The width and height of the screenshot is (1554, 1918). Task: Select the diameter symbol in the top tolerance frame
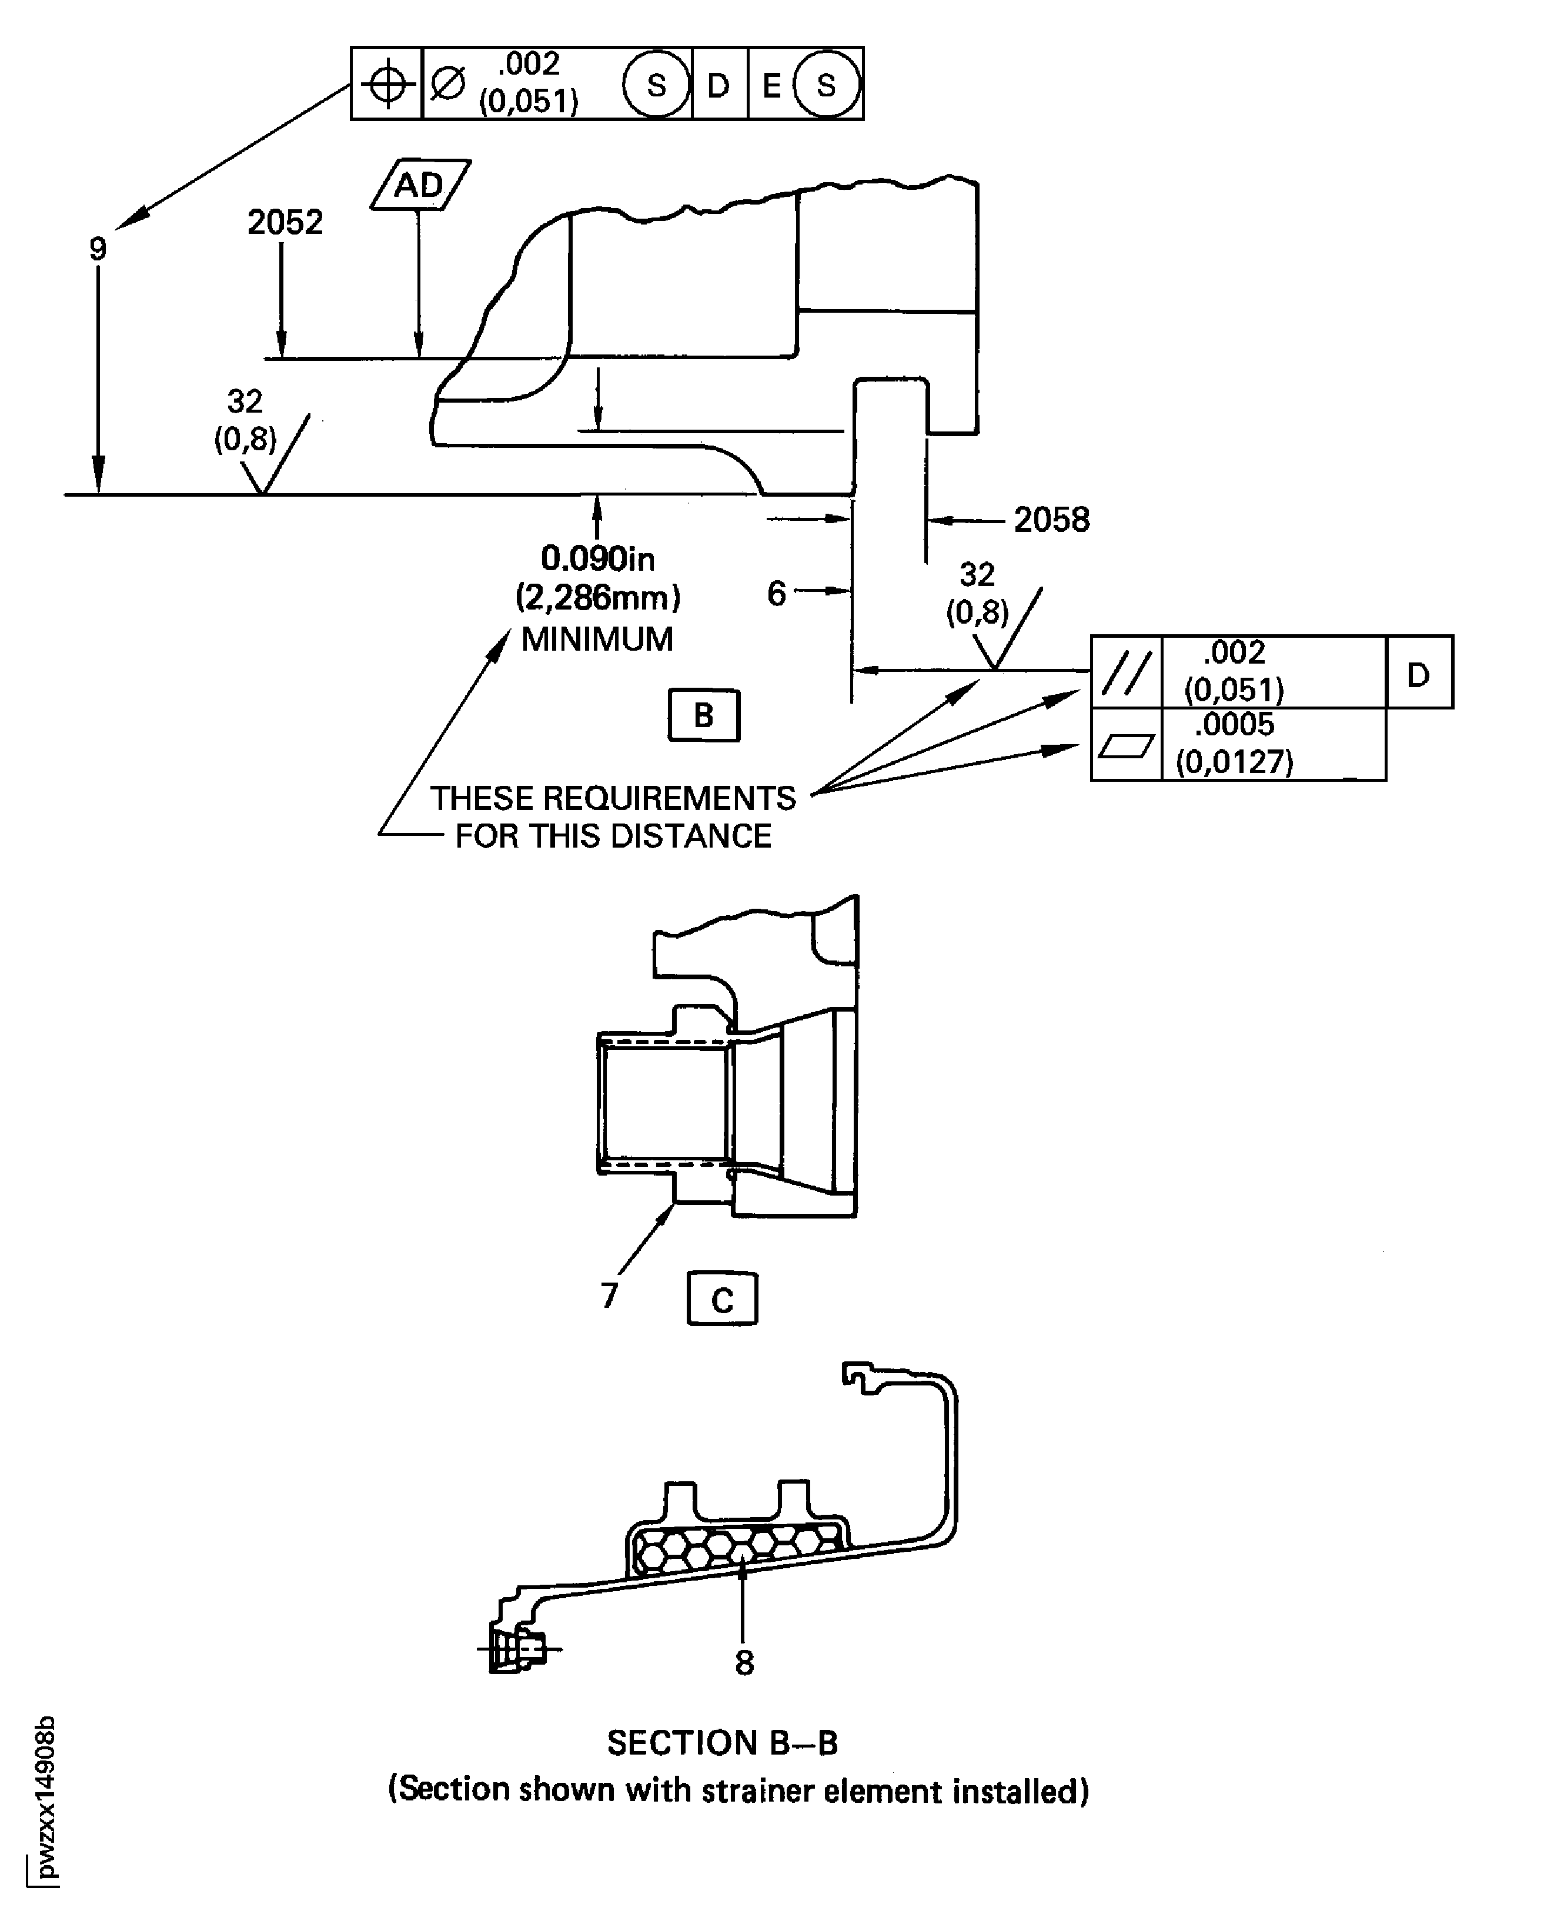447,84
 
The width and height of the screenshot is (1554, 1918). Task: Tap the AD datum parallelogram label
420,185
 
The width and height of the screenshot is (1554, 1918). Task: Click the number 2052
285,222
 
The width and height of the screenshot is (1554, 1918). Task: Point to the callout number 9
98,249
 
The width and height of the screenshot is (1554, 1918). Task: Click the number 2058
1052,519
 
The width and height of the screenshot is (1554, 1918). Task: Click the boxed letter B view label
704,715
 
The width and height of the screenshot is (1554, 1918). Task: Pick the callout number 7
610,1294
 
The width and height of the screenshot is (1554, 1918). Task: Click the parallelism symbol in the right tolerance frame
1126,672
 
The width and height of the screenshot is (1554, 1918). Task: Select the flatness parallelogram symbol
1126,745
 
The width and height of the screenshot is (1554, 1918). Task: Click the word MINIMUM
597,639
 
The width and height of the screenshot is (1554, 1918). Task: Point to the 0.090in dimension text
597,558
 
